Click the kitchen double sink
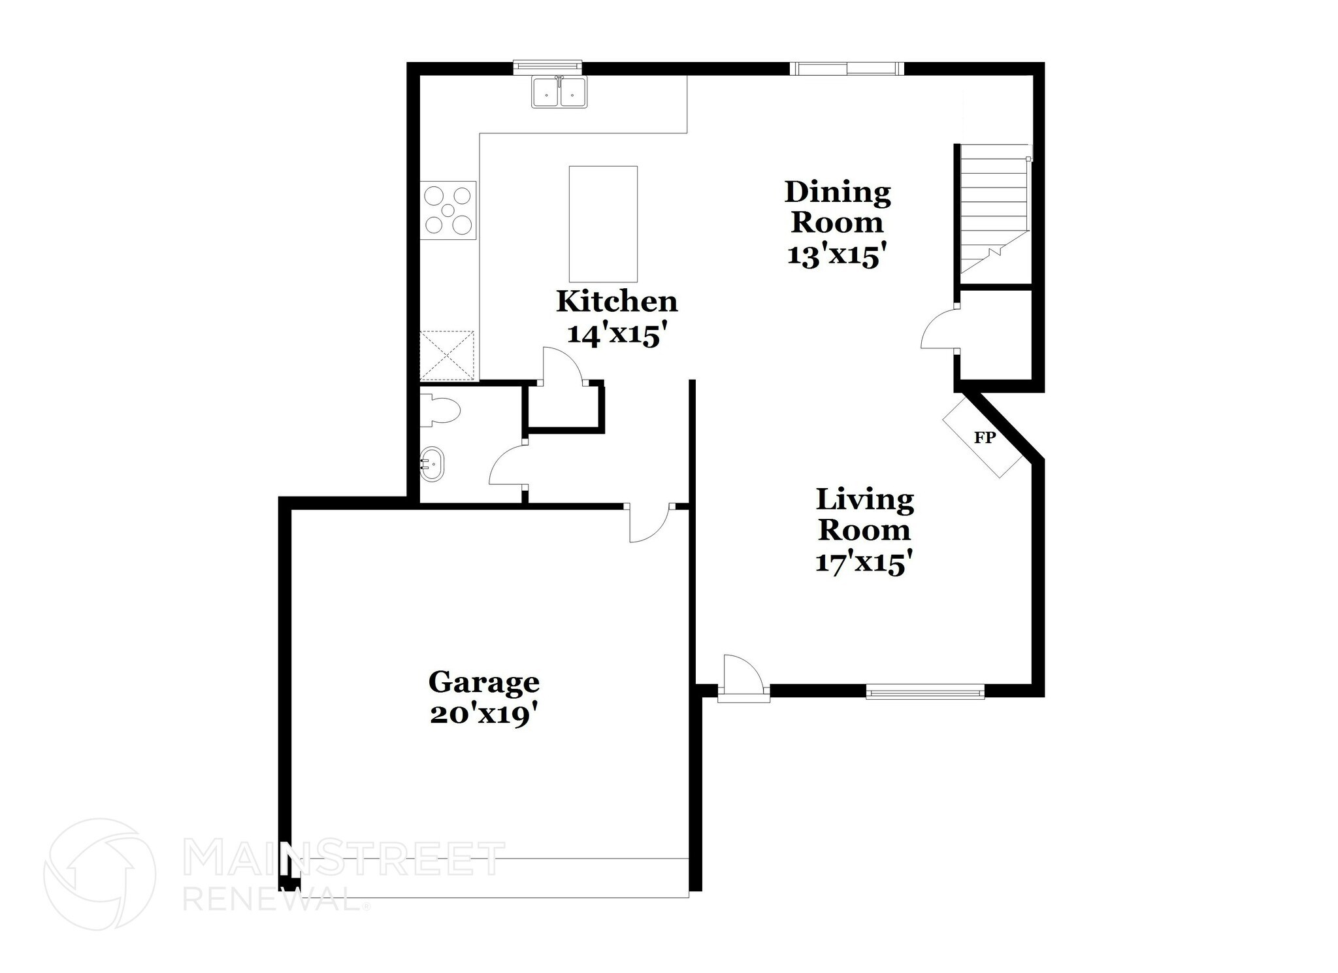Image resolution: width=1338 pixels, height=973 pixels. tap(559, 91)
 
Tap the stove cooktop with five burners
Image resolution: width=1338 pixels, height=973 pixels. tap(448, 210)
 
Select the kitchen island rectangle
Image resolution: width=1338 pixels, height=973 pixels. tap(602, 223)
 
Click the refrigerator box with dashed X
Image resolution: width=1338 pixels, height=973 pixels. tap(448, 355)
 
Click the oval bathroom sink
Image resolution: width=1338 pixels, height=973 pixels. tap(431, 464)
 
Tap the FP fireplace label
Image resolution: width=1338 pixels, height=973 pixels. tap(984, 438)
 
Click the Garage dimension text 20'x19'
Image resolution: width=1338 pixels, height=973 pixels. tap(484, 716)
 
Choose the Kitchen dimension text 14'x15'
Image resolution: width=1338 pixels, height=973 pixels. tap(617, 335)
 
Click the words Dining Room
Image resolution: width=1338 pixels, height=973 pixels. tap(837, 206)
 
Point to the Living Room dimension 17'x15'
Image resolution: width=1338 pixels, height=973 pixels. tap(863, 562)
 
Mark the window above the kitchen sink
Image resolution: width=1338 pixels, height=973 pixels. tap(547, 66)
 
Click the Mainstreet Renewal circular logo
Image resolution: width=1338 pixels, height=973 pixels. tap(99, 874)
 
